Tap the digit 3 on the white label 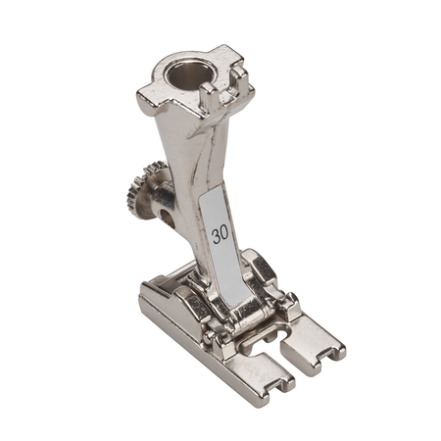[x=216, y=236]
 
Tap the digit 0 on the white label [x=224, y=234]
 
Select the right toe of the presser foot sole [x=313, y=346]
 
